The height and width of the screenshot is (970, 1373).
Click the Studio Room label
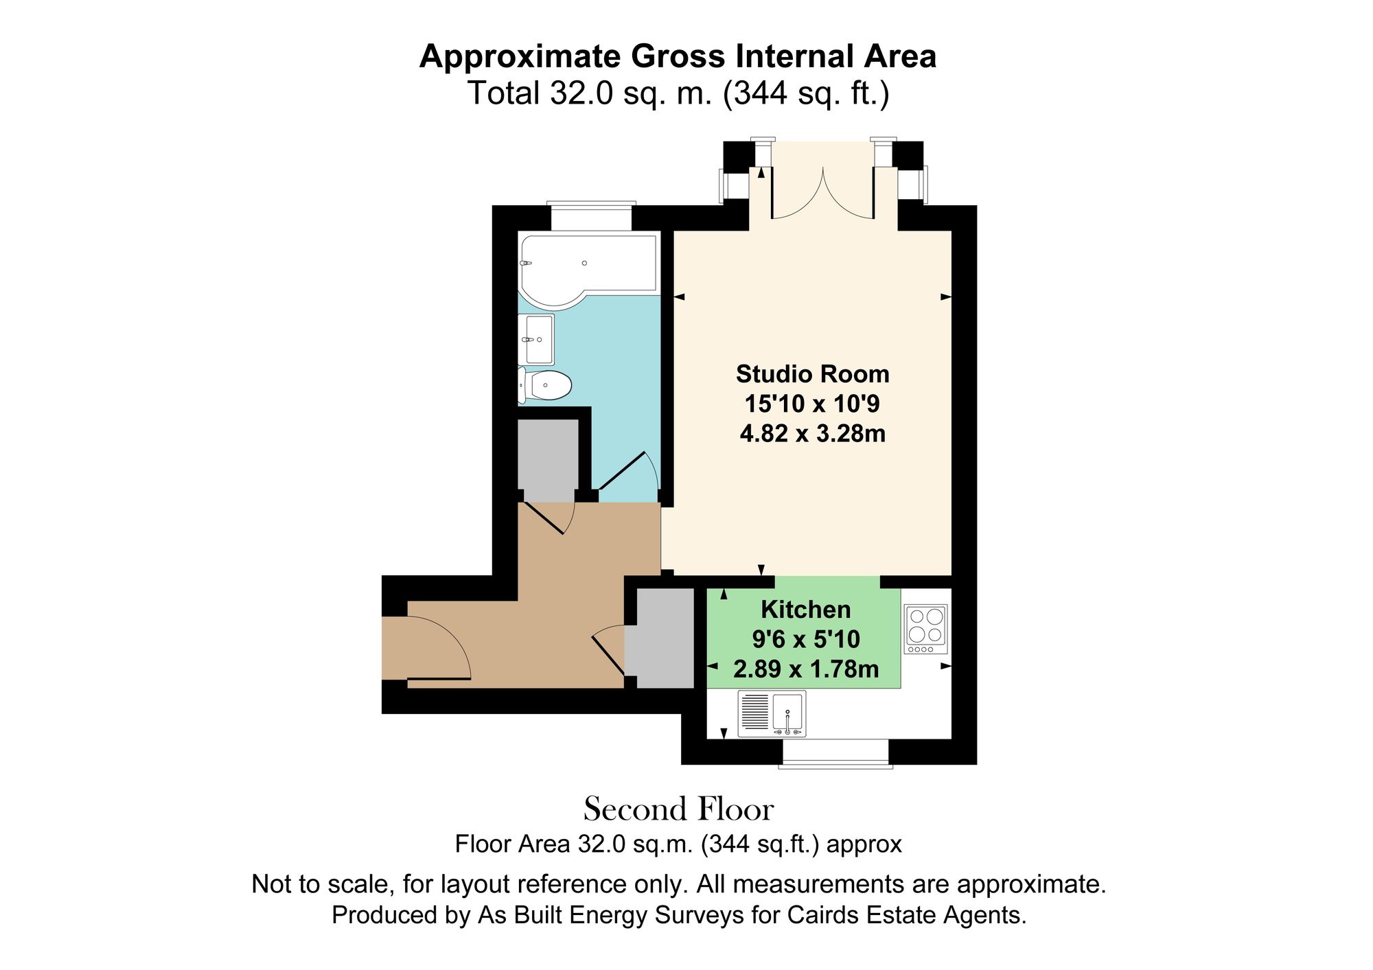(x=812, y=374)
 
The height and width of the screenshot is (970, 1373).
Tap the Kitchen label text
(x=805, y=610)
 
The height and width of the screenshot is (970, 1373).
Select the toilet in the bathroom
(x=546, y=385)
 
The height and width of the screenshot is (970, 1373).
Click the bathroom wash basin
(x=537, y=339)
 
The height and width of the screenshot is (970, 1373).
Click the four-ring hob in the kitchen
(x=925, y=628)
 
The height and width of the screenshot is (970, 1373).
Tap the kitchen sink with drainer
(x=772, y=713)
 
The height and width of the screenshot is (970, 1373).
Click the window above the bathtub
(x=591, y=217)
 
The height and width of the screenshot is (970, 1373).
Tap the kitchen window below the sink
(x=835, y=752)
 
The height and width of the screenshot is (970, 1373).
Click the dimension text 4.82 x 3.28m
(x=812, y=434)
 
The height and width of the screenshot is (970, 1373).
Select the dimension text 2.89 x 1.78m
(x=805, y=669)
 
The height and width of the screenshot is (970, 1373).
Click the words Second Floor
(x=678, y=809)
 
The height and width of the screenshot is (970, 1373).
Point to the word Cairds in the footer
(x=823, y=915)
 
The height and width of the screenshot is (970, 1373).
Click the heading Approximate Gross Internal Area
(x=678, y=56)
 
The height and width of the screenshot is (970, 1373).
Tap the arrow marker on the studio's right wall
(x=946, y=297)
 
